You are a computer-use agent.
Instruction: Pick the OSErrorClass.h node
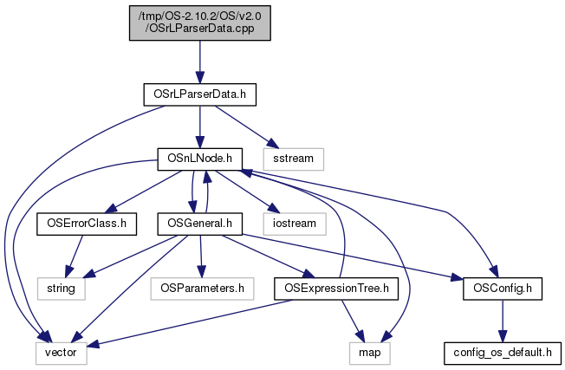click(82, 224)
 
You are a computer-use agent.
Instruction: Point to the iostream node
click(298, 224)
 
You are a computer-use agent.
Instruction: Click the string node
click(60, 287)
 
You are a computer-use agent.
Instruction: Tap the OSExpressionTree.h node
click(336, 287)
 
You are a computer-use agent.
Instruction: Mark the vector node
click(60, 354)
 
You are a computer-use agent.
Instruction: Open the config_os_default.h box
click(503, 354)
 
